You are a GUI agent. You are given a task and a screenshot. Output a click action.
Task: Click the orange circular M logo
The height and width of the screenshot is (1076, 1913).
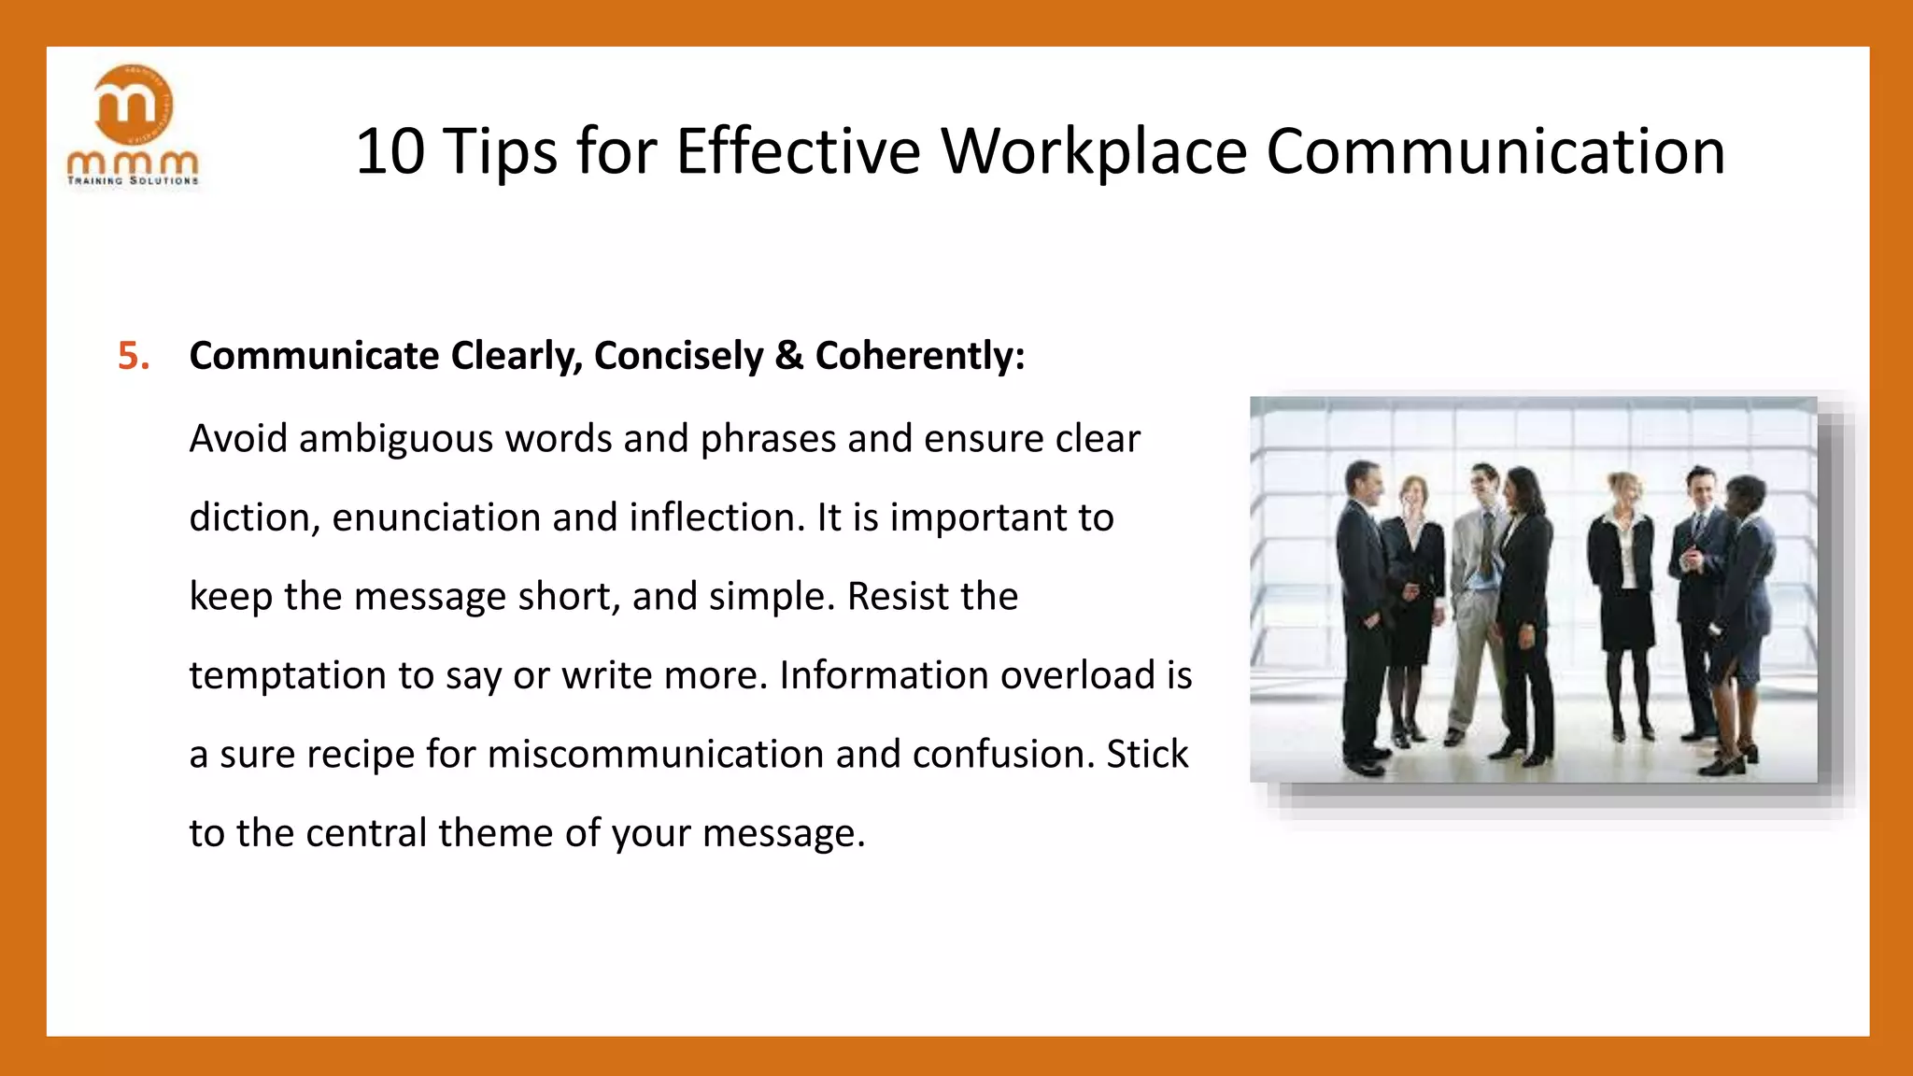pos(134,105)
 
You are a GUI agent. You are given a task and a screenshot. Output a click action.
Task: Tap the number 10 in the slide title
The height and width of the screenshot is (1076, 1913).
pos(390,151)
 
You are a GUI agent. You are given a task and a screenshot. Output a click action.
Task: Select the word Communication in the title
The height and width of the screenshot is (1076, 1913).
pos(1495,151)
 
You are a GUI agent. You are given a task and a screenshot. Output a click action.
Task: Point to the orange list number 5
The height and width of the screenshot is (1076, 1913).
pos(134,356)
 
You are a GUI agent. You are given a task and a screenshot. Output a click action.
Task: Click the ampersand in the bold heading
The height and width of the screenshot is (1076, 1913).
pos(789,356)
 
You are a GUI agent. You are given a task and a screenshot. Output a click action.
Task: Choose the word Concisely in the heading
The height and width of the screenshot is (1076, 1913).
pos(678,356)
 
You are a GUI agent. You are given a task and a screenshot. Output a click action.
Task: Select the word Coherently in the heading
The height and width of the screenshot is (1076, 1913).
pos(919,356)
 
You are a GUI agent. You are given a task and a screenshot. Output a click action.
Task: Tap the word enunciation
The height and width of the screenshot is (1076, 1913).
pos(435,517)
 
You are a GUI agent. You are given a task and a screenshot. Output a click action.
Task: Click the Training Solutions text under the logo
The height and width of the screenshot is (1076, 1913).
pos(134,180)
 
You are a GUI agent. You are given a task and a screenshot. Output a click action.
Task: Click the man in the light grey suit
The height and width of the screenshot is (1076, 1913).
pos(1480,598)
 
